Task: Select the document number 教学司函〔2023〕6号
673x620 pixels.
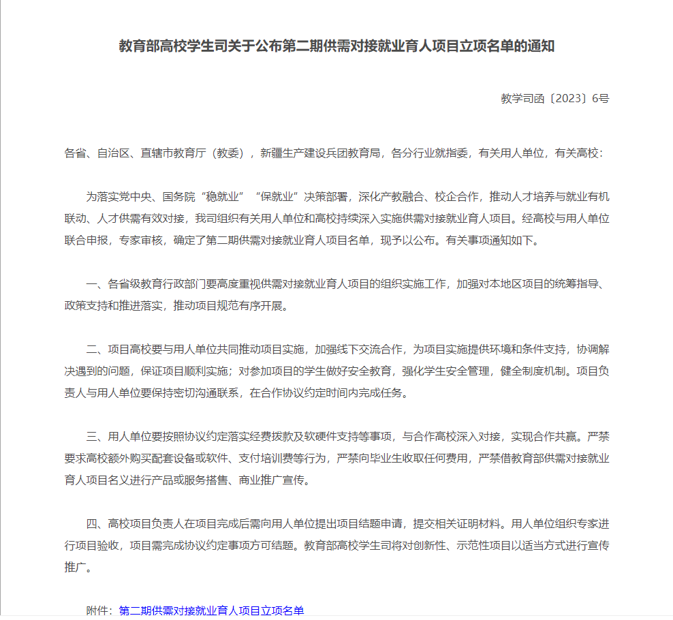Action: click(x=555, y=98)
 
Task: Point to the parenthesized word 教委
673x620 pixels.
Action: click(x=232, y=154)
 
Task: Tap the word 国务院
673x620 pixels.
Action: click(x=178, y=198)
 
